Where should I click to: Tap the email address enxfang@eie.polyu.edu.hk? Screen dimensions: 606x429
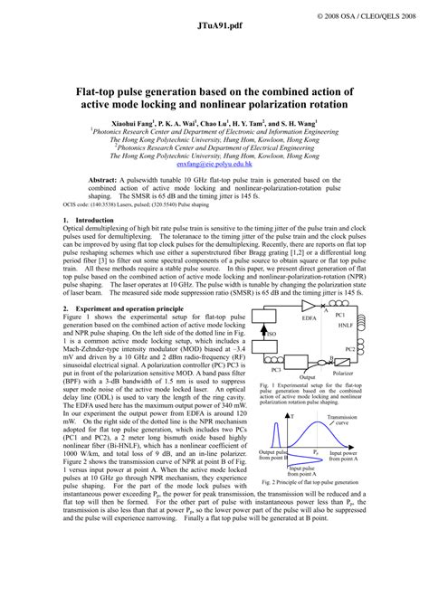[x=214, y=165]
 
